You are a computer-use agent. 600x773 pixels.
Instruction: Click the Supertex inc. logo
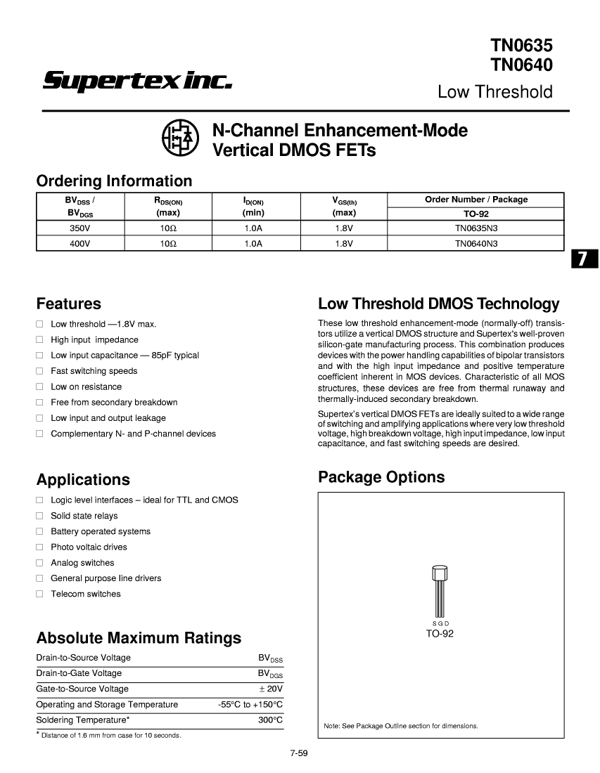[x=137, y=82]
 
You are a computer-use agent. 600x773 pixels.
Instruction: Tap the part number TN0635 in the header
[x=521, y=46]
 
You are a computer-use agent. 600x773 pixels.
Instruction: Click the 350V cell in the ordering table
[x=79, y=228]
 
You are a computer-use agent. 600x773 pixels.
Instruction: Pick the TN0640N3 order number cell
[x=475, y=243]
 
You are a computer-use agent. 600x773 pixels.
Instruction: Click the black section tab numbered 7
[x=583, y=259]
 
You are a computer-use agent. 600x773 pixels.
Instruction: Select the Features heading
[x=68, y=304]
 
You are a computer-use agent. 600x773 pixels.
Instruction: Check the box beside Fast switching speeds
[x=40, y=371]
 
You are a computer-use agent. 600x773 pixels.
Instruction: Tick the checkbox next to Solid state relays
[x=40, y=516]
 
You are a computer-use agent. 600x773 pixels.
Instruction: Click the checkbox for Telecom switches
[x=40, y=594]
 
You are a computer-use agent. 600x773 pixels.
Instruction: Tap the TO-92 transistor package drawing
[x=440, y=590]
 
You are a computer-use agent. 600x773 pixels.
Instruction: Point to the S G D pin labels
[x=440, y=624]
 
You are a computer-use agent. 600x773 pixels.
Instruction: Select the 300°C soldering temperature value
[x=270, y=720]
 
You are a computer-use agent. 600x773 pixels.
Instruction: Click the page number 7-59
[x=300, y=754]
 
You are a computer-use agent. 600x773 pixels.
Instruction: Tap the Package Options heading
[x=381, y=477]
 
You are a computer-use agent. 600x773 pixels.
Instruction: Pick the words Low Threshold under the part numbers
[x=494, y=92]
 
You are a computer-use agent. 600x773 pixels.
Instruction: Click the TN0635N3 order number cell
[x=475, y=228]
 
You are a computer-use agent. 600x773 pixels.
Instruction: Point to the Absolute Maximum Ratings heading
[x=139, y=638]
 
